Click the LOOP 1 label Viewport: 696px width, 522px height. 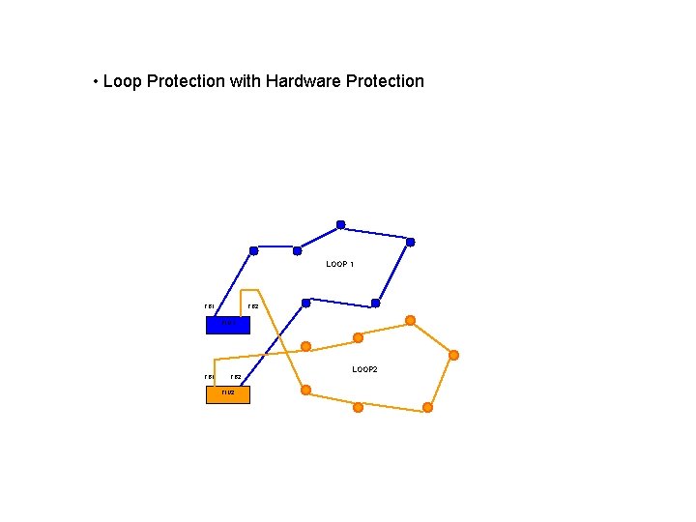tap(339, 264)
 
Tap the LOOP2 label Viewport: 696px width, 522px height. tap(364, 369)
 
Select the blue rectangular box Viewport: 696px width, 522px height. tap(227, 325)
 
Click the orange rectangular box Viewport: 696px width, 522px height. tap(227, 394)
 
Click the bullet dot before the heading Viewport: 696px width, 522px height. tap(95, 81)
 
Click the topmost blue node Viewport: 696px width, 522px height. tap(340, 225)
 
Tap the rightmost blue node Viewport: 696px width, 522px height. tap(410, 242)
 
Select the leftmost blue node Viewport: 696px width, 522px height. tap(253, 250)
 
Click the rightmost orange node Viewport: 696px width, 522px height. tap(453, 355)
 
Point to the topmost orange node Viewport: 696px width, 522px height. tap(410, 320)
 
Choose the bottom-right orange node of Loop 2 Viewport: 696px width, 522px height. tap(427, 407)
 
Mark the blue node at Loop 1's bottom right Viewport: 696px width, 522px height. tap(375, 304)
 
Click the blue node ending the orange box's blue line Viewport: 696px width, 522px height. tap(305, 303)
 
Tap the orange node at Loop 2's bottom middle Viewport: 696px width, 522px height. tap(358, 407)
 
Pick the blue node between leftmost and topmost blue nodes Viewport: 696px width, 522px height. tap(297, 250)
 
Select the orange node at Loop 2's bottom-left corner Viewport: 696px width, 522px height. tap(305, 390)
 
